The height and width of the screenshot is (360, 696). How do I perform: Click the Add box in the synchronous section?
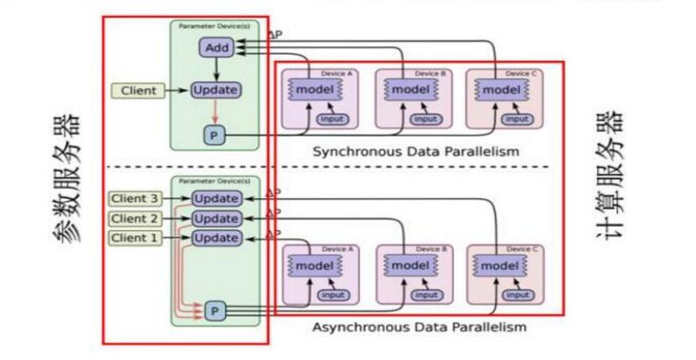coord(218,48)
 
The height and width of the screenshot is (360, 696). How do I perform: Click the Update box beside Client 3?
coord(216,198)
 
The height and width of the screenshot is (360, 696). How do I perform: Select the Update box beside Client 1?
coord(216,238)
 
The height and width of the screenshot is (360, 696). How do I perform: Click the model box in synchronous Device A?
coord(309,90)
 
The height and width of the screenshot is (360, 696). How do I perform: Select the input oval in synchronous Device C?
coord(517,119)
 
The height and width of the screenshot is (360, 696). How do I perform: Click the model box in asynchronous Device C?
coord(500,265)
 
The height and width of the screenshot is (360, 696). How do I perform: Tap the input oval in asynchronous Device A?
coord(333,295)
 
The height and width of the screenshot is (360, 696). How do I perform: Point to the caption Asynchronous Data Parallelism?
coord(419,327)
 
